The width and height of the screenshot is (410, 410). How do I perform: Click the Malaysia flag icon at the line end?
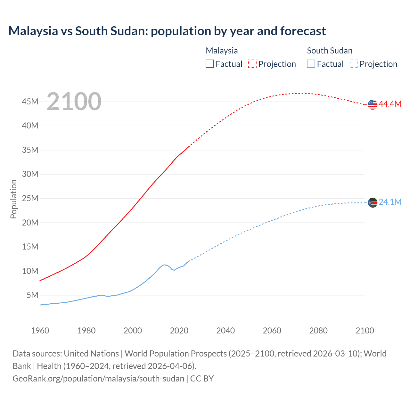(x=373, y=104)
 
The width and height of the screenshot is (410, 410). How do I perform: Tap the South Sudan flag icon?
(x=373, y=202)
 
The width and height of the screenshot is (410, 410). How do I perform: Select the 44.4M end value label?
(x=390, y=104)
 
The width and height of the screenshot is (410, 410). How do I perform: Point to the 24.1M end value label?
(x=390, y=202)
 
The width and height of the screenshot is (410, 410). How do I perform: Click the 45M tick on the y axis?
(x=30, y=102)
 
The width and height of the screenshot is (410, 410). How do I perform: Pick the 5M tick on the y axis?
(x=32, y=295)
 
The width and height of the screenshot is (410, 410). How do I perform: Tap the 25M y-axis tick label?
(x=30, y=198)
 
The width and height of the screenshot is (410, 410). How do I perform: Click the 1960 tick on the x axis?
(x=40, y=331)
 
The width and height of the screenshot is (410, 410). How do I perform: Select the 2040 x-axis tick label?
(x=225, y=331)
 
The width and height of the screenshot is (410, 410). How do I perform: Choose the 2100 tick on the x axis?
(x=365, y=331)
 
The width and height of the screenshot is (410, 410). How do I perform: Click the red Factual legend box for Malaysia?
(x=210, y=64)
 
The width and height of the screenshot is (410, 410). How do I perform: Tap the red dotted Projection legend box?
(x=252, y=64)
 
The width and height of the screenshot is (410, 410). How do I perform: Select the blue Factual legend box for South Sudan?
(x=311, y=64)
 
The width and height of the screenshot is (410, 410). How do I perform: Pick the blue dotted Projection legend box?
(x=354, y=64)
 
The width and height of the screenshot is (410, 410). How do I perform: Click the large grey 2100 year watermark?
(x=74, y=102)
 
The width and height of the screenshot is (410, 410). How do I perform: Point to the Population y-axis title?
(x=13, y=199)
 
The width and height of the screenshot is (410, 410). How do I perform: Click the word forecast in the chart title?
(x=303, y=31)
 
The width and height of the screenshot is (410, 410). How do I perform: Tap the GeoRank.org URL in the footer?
(x=98, y=379)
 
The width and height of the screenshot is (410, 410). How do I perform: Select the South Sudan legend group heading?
(x=330, y=51)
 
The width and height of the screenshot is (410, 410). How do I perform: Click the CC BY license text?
(x=202, y=379)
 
